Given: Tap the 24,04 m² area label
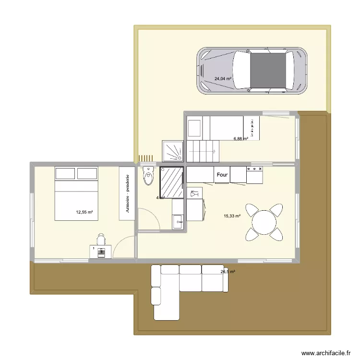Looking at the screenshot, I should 223,79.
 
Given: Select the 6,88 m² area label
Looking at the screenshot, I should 240,139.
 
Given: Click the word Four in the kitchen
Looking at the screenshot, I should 222,175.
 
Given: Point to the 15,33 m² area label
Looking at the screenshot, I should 232,216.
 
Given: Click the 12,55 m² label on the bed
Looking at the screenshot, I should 84,212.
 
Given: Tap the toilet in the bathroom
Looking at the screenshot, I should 148,176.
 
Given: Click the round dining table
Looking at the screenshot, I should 264,222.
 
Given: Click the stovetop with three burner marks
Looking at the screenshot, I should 254,175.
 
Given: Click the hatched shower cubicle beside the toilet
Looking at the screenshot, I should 171,182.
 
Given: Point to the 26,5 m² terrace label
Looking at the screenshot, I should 228,272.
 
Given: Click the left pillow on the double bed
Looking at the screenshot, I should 65,174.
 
